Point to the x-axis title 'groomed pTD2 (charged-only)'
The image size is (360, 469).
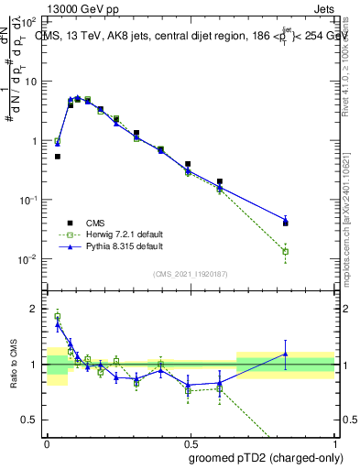[x=266, y=457]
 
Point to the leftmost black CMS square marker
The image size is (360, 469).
[x=58, y=157]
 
